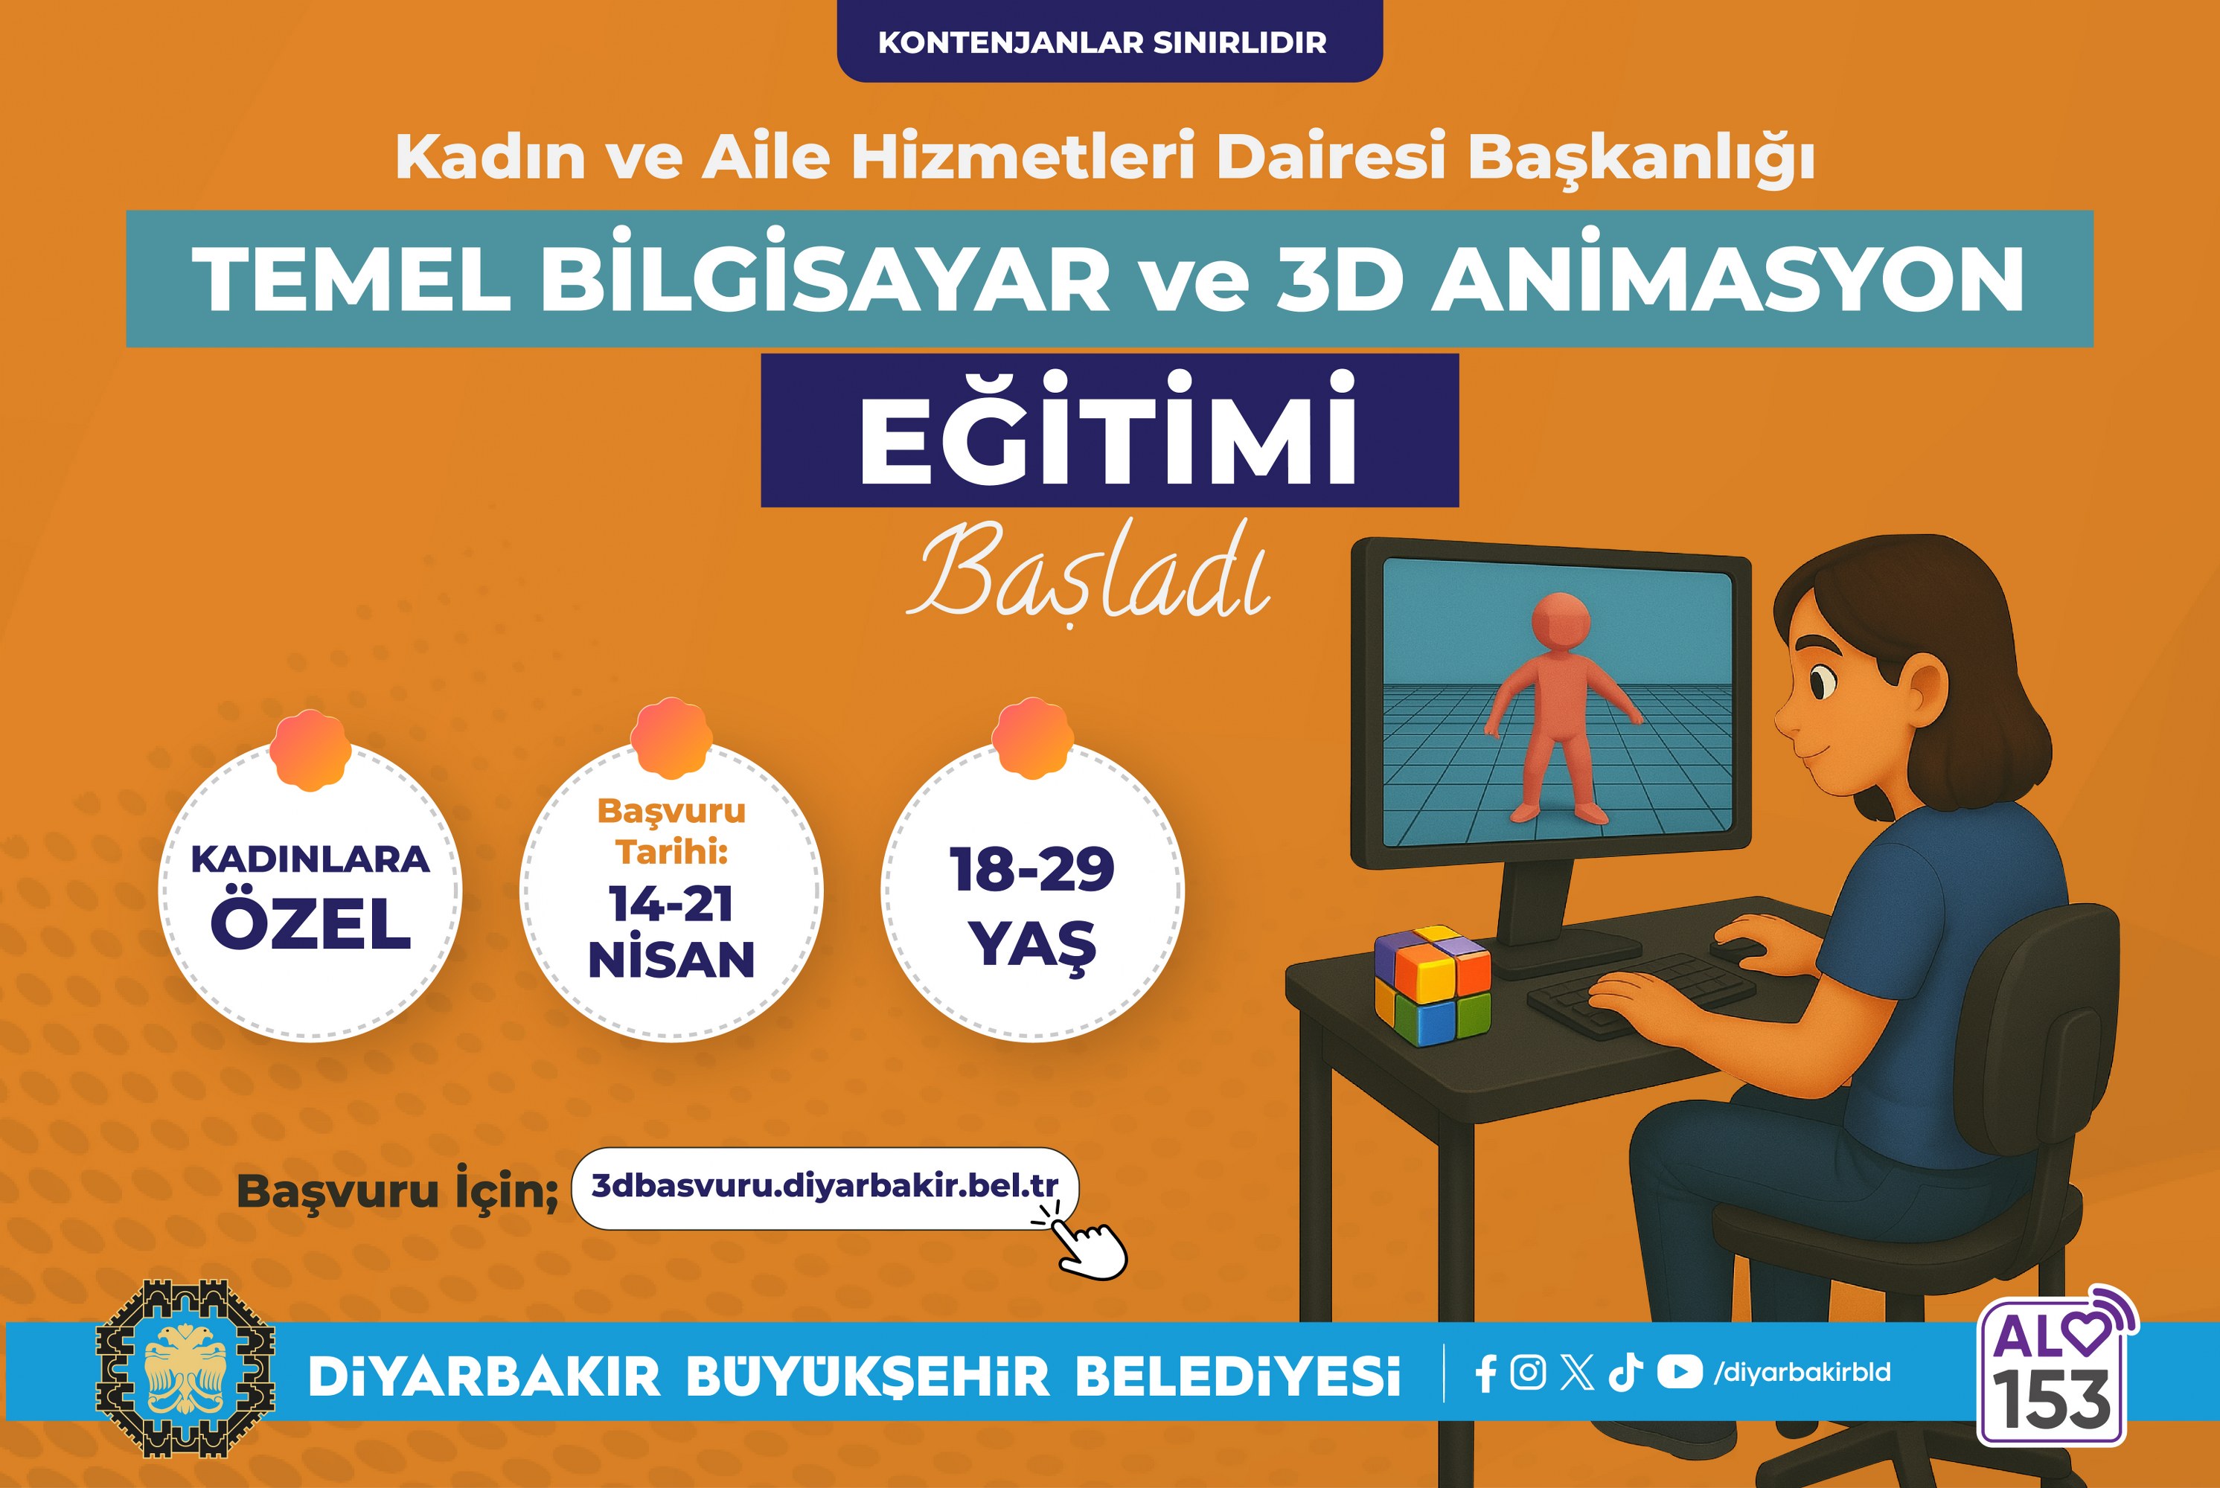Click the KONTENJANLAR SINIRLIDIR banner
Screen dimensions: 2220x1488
1110,41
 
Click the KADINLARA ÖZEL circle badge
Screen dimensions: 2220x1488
310,889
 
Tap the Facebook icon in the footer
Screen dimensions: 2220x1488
1486,1372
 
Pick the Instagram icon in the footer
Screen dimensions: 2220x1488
1527,1372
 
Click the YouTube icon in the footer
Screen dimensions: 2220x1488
1679,1372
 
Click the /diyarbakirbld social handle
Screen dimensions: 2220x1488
1802,1372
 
